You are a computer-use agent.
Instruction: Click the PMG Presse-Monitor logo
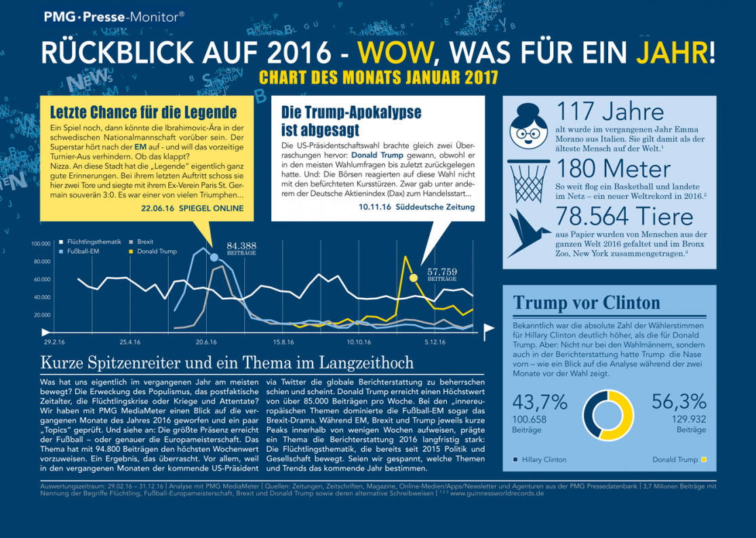113,18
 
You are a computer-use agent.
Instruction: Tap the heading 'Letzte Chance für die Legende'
139,112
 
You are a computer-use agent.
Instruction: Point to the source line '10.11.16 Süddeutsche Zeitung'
418,207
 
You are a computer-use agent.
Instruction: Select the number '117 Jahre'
609,111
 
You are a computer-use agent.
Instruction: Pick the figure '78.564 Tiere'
624,216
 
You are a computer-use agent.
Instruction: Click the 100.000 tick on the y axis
41,243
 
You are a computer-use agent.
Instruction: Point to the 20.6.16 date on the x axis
206,341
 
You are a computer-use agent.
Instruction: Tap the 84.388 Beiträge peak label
241,248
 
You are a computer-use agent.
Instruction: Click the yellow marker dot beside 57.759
413,277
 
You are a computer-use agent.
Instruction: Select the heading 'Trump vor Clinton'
586,303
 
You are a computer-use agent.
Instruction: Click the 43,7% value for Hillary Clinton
540,402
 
